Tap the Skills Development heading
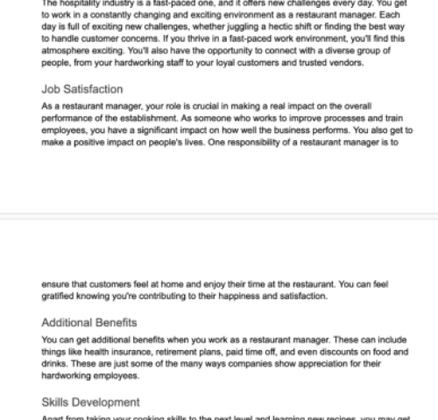point(90,402)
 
